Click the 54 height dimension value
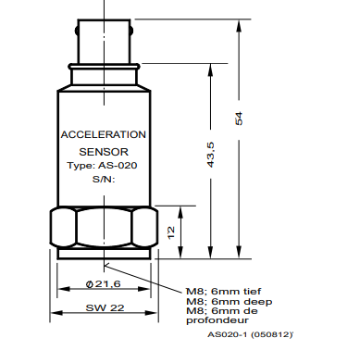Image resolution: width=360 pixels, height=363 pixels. tap(239, 119)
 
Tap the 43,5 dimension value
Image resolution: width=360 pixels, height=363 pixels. tap(211, 155)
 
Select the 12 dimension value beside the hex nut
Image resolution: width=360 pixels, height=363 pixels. tap(171, 232)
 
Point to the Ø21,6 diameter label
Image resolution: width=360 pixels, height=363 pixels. tap(104, 284)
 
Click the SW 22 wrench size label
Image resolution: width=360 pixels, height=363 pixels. tap(105, 307)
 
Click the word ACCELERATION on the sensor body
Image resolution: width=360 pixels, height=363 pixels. tap(104, 134)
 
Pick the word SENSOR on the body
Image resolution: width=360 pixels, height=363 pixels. tap(104, 152)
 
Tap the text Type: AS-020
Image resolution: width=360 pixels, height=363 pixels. tap(102, 166)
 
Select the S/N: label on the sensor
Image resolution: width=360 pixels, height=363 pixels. tap(104, 180)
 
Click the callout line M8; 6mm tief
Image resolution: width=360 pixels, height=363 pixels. tap(224, 292)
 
